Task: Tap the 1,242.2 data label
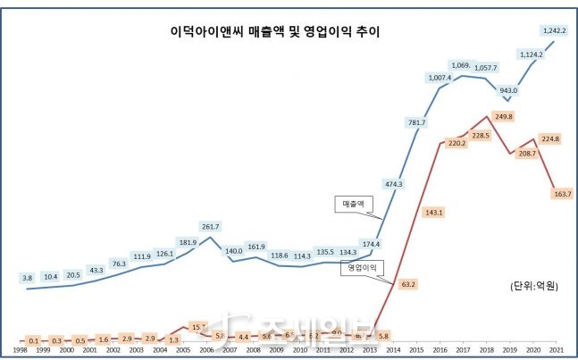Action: (555, 30)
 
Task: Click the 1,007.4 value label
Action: (440, 78)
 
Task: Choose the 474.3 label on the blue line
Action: (391, 184)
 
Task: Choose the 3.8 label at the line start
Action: (28, 278)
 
